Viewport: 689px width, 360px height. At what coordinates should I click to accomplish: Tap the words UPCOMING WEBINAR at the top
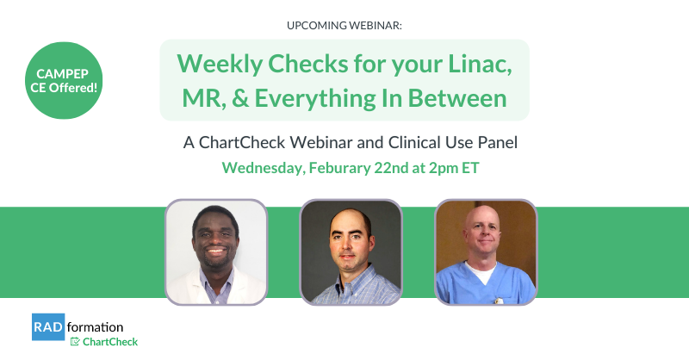click(x=344, y=25)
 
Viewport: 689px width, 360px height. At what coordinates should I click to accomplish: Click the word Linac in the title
click(x=478, y=64)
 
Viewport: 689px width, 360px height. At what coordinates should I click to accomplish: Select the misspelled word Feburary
click(x=349, y=167)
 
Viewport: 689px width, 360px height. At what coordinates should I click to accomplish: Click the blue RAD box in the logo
click(x=47, y=327)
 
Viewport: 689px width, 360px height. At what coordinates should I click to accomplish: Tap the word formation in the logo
click(x=95, y=327)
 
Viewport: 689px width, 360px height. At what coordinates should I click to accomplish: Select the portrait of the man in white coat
click(x=216, y=251)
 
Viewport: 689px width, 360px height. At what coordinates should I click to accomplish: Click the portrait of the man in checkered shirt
click(x=351, y=251)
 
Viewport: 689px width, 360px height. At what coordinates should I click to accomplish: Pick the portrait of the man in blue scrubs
click(x=486, y=251)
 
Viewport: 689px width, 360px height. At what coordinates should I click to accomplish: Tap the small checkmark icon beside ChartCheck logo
click(x=75, y=342)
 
